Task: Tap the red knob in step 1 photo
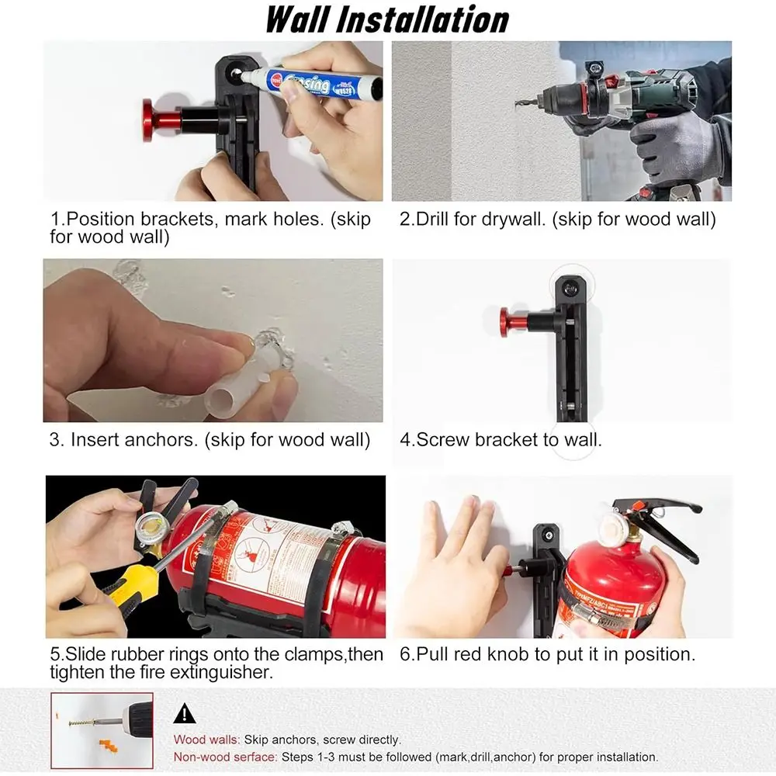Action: (x=153, y=120)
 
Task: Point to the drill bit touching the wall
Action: (x=526, y=100)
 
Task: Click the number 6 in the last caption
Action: (x=406, y=654)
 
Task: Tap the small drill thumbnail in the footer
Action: (x=102, y=730)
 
